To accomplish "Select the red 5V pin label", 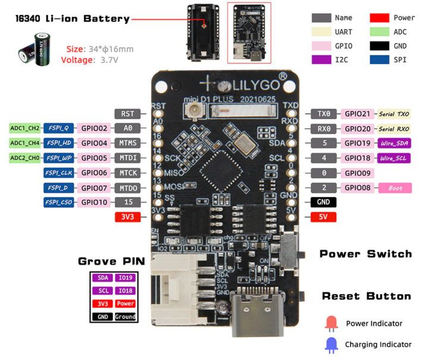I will pos(323,217).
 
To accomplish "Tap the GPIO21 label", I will pos(358,113).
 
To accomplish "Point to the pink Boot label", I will pos(395,188).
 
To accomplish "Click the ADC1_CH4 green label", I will pos(24,143).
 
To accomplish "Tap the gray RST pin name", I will pos(128,113).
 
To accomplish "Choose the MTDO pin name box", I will pos(128,188).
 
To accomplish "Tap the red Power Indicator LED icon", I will pos(332,323).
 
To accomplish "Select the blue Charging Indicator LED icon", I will pos(332,344).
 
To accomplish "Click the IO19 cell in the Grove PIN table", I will pos(125,277).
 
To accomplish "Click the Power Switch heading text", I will pos(366,254).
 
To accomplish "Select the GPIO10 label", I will pos(94,203).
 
